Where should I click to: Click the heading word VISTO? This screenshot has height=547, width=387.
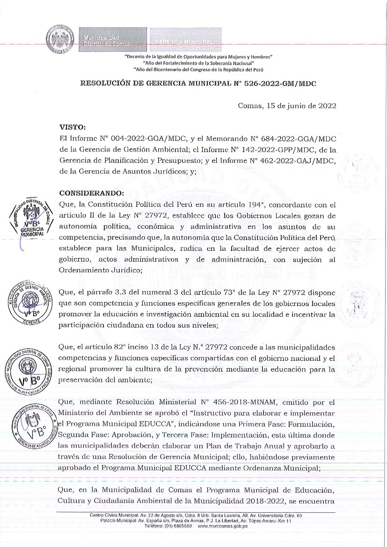72,126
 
